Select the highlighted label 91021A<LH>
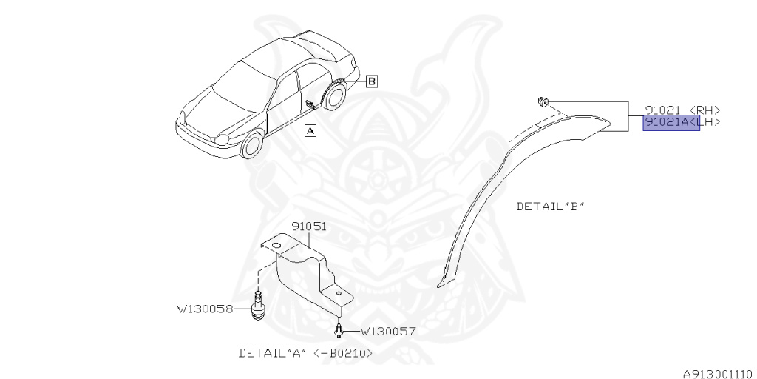(671, 123)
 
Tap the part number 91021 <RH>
(682, 110)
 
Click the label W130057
(387, 331)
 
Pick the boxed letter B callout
(372, 81)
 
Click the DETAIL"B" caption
(550, 207)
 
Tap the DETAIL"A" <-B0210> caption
(305, 353)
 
